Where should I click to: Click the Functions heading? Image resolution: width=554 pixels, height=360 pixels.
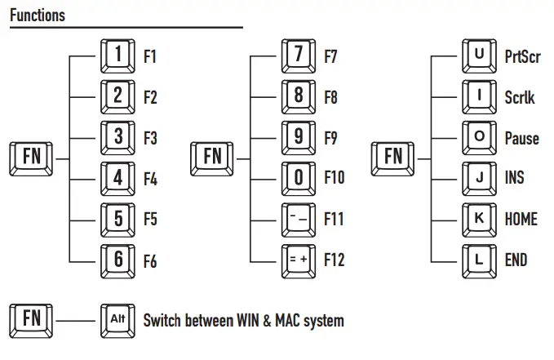click(38, 16)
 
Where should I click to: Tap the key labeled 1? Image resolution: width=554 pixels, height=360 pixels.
click(118, 56)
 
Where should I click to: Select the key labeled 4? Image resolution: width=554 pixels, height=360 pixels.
click(118, 177)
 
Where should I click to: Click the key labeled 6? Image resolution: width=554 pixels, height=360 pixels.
click(118, 260)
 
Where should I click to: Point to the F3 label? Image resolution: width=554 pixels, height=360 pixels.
click(150, 137)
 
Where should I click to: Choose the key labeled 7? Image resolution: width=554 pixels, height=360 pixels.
click(299, 56)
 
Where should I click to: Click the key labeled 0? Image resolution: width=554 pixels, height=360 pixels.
click(299, 177)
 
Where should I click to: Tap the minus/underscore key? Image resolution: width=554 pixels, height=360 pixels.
click(299, 219)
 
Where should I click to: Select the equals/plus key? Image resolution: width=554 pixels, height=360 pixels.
click(299, 260)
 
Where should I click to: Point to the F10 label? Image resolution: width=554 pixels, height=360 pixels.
click(335, 178)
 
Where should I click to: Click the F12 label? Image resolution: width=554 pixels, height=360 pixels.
click(335, 260)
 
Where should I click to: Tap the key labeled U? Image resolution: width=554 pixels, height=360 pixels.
click(479, 56)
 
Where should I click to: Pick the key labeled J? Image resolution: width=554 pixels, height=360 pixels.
click(479, 177)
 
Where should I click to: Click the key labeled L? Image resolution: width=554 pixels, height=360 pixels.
click(479, 260)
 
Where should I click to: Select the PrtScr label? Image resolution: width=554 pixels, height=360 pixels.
click(522, 57)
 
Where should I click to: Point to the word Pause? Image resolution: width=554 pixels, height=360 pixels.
click(521, 138)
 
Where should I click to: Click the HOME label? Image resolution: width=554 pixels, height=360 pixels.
click(521, 219)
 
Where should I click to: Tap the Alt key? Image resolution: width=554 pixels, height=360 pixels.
click(118, 319)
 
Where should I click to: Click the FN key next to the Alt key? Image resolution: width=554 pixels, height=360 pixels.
click(30, 319)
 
